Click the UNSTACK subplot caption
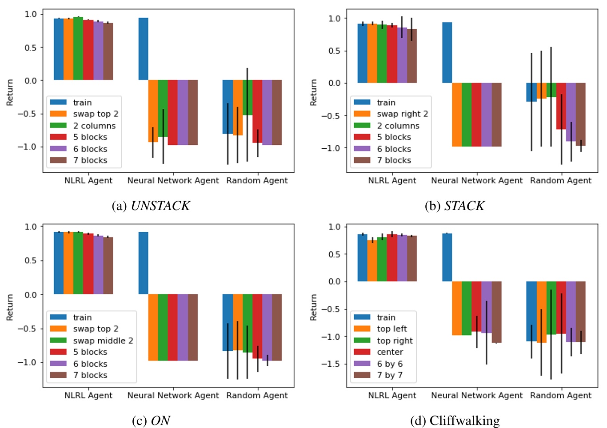(151, 206)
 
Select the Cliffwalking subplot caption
(455, 420)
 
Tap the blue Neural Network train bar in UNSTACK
(143, 49)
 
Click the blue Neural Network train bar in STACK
(447, 52)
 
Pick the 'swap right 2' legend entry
(402, 114)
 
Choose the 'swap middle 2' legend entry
(103, 341)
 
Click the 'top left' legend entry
(391, 329)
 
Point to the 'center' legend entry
(390, 352)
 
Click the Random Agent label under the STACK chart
(560, 181)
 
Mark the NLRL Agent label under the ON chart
(88, 396)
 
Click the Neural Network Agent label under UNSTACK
(173, 181)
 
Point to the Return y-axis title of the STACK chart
(314, 92)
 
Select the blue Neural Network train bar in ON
(143, 263)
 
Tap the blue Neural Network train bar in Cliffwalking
(447, 258)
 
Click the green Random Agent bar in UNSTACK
(248, 98)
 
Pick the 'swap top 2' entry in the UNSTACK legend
(96, 114)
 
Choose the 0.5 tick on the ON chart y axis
(31, 261)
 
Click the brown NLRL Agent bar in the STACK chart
(412, 56)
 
